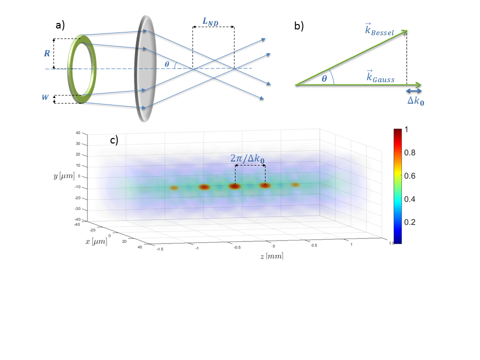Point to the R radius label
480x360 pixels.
(47, 51)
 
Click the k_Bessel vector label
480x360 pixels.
(380, 31)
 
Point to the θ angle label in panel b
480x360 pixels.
(324, 78)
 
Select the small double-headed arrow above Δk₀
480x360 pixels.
(413, 90)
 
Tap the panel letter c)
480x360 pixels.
(114, 140)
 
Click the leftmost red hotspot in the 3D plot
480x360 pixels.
(174, 188)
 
